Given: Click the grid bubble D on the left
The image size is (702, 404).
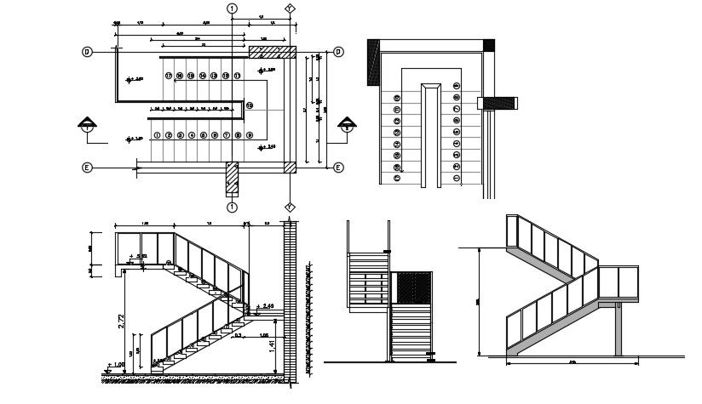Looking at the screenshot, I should [x=87, y=52].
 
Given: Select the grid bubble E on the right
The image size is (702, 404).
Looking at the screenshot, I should [x=337, y=168].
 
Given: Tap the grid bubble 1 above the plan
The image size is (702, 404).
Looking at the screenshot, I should [x=232, y=9].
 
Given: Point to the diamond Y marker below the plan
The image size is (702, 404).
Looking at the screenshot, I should [x=290, y=207].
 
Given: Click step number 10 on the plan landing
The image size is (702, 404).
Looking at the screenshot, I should [x=250, y=105].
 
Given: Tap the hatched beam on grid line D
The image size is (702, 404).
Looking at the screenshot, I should [x=272, y=52].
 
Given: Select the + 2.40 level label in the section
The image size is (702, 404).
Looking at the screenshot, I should [x=266, y=306].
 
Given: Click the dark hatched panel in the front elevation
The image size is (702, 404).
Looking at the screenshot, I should [x=411, y=288].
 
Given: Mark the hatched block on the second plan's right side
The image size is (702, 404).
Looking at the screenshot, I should [x=498, y=104].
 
